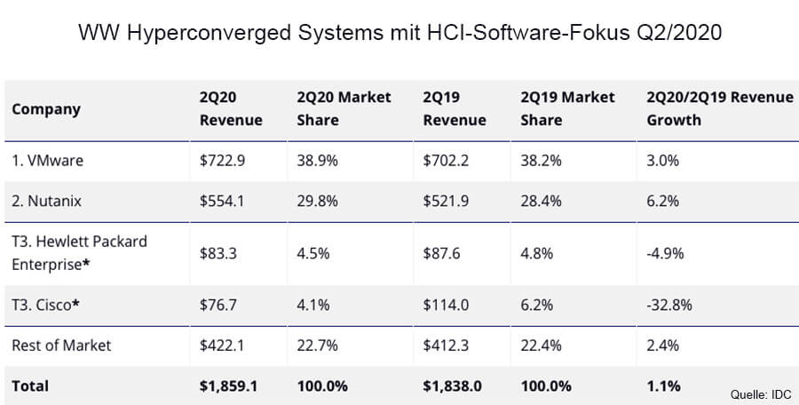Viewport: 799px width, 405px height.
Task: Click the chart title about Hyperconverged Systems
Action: click(399, 35)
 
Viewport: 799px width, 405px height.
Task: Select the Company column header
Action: click(46, 109)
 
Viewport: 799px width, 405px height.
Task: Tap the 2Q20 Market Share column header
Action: click(344, 108)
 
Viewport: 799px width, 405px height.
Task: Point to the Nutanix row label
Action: click(47, 201)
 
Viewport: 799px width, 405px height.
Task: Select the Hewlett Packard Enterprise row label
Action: click(79, 252)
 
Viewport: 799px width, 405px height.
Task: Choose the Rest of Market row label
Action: click(61, 345)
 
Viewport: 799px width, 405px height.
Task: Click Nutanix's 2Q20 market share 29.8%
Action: click(317, 201)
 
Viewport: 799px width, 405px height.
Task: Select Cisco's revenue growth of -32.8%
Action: click(669, 305)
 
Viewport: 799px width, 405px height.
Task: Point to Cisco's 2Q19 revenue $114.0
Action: click(446, 305)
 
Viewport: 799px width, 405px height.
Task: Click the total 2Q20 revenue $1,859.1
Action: click(230, 385)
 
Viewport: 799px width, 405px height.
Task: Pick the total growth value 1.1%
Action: click(663, 385)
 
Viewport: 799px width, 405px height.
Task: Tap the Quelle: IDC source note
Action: click(761, 394)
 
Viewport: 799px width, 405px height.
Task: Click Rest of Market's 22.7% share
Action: click(317, 345)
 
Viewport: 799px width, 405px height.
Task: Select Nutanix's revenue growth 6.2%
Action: click(661, 201)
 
